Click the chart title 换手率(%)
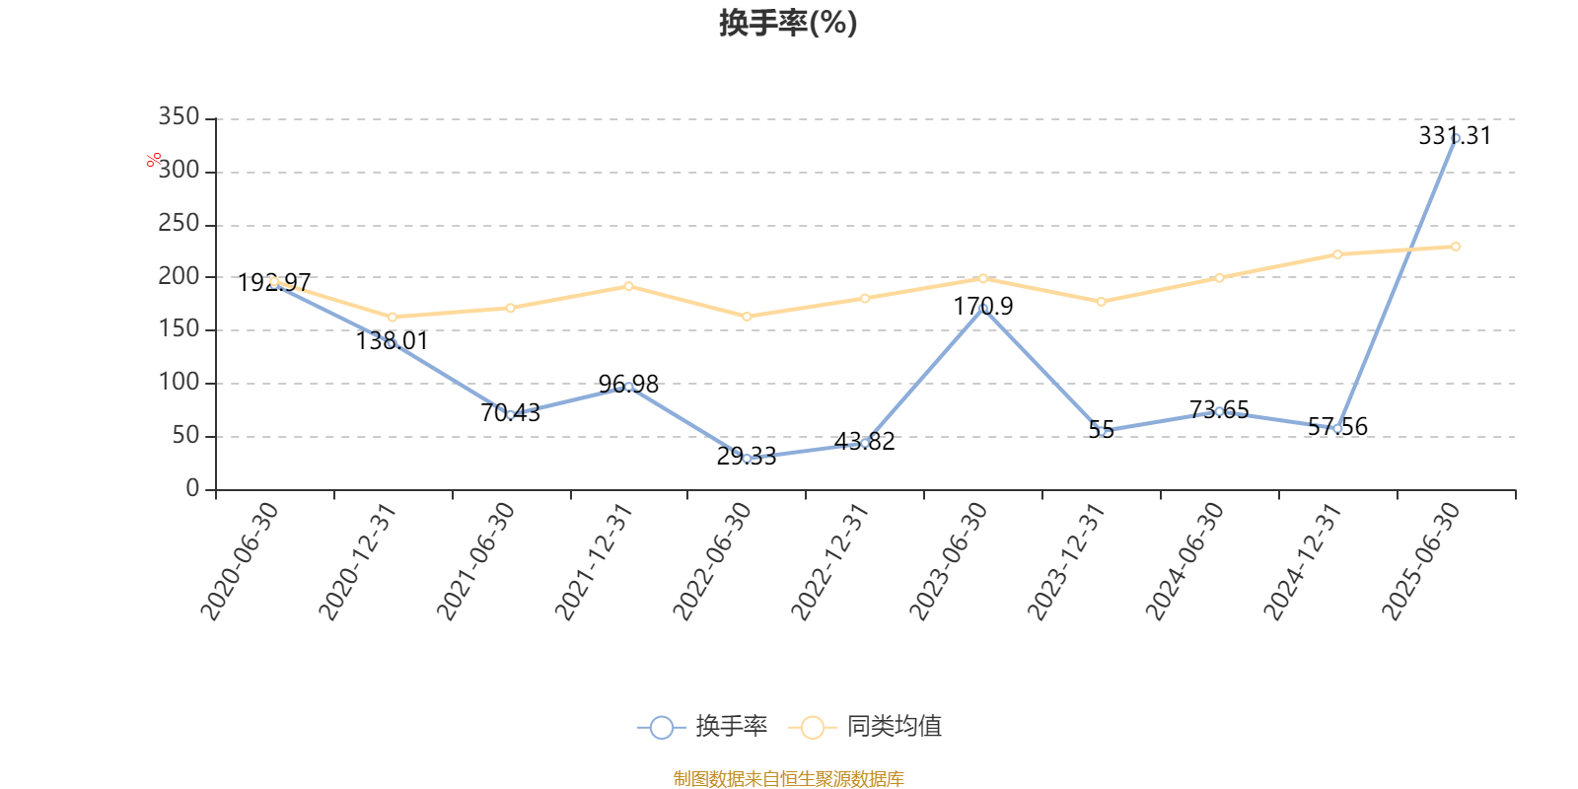pyautogui.click(x=788, y=23)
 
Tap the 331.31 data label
pyautogui.click(x=1455, y=136)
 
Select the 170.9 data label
pyautogui.click(x=982, y=307)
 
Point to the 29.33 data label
pyautogui.click(x=746, y=457)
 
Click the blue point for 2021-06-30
pyautogui.click(x=510, y=415)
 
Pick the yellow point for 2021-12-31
pyautogui.click(x=628, y=286)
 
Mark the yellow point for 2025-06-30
pyautogui.click(x=1456, y=247)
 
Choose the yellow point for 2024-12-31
pyautogui.click(x=1337, y=254)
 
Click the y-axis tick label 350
pyautogui.click(x=179, y=118)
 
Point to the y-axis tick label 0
pyautogui.click(x=192, y=489)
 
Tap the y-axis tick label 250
pyautogui.click(x=179, y=224)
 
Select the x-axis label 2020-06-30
pyautogui.click(x=240, y=561)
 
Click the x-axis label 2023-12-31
pyautogui.click(x=1066, y=561)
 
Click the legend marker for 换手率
pyautogui.click(x=662, y=728)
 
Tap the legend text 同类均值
pyautogui.click(x=894, y=728)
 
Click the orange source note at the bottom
pyautogui.click(x=788, y=779)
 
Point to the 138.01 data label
pyautogui.click(x=392, y=341)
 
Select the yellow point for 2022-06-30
pyautogui.click(x=747, y=317)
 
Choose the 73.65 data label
pyautogui.click(x=1219, y=409)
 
